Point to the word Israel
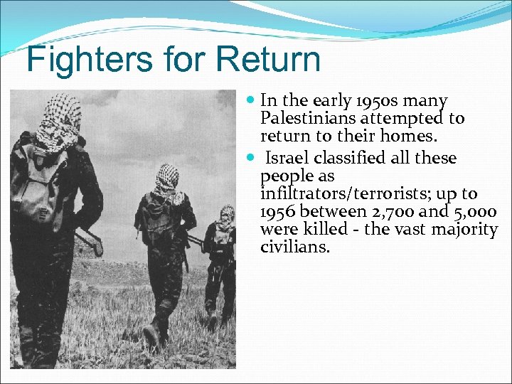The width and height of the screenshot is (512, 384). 290,158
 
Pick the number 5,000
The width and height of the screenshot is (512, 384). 473,212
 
